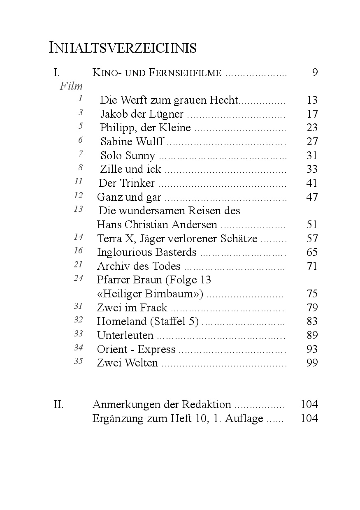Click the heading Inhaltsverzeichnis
click(122, 48)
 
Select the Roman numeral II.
click(58, 404)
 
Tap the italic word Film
click(71, 86)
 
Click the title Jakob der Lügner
click(142, 114)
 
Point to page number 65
click(312, 252)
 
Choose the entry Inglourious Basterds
click(147, 252)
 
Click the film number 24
click(79, 278)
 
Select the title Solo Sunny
click(128, 155)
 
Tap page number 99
click(312, 363)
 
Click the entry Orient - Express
click(136, 350)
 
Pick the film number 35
click(79, 361)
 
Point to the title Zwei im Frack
click(132, 308)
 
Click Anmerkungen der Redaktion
click(162, 404)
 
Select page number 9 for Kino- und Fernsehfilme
click(315, 73)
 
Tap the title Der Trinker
click(127, 183)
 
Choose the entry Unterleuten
click(125, 336)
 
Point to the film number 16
click(79, 250)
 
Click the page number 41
click(312, 183)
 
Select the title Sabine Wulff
click(132, 141)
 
